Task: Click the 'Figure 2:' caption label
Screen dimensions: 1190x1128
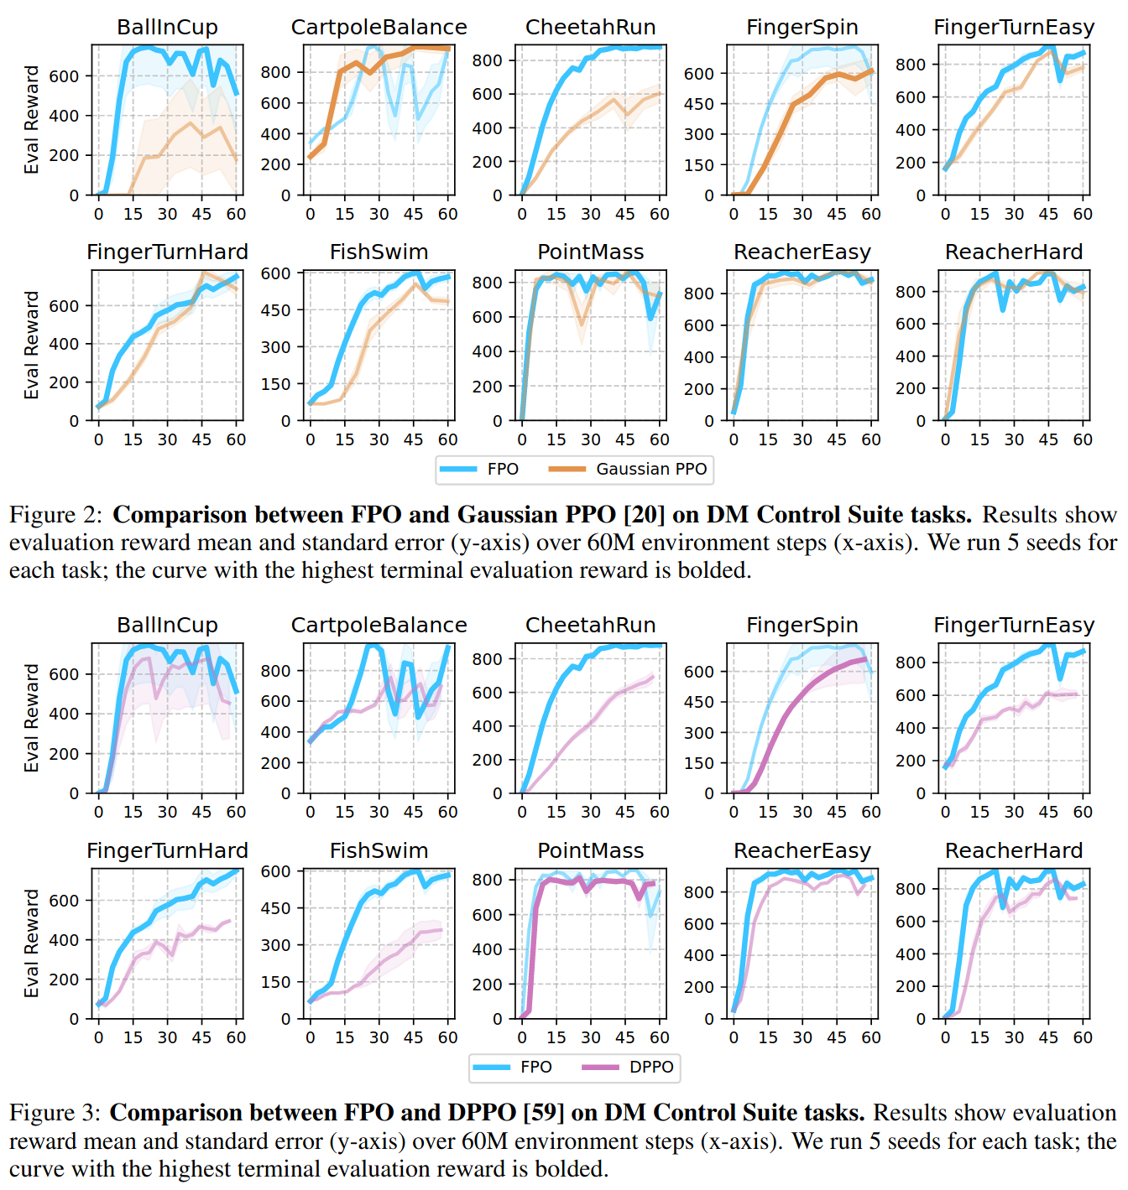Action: click(55, 514)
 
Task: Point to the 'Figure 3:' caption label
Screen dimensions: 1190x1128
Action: click(55, 1112)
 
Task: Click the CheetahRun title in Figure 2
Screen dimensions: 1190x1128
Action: click(590, 27)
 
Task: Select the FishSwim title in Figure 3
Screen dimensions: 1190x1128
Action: click(379, 850)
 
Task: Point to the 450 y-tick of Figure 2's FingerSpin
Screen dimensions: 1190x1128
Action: click(698, 104)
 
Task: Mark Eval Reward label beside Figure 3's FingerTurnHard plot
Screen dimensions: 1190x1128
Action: click(32, 943)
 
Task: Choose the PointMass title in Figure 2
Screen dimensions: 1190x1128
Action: click(590, 252)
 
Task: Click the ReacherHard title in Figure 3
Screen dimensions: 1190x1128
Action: click(1014, 850)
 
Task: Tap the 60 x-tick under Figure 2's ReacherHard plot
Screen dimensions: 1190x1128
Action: click(1083, 439)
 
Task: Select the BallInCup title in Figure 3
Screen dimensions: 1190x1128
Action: click(167, 625)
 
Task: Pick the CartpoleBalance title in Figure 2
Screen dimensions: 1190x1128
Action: click(379, 27)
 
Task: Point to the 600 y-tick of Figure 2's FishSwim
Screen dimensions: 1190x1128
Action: click(275, 273)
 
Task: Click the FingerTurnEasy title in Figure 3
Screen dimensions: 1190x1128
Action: click(1014, 625)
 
